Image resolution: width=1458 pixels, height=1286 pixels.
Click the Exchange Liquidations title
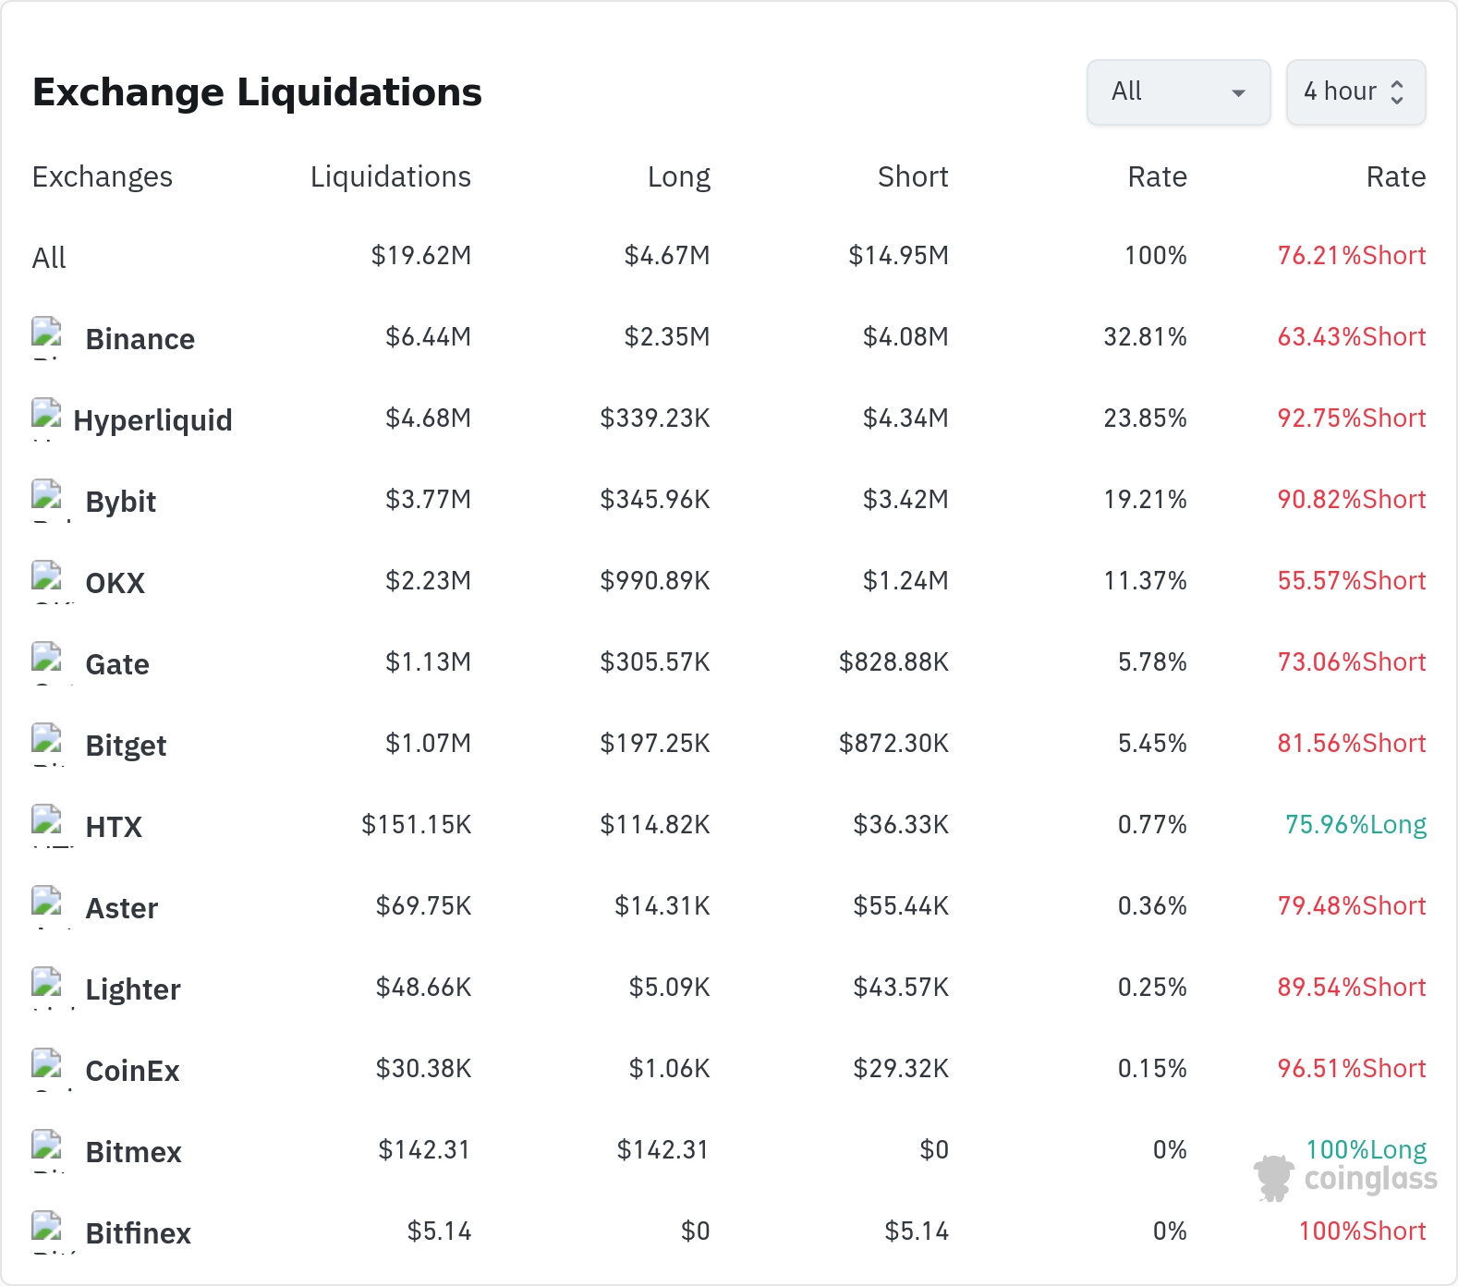click(x=257, y=92)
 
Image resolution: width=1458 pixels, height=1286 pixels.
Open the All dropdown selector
click(x=1178, y=92)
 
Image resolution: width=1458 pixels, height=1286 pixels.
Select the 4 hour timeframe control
click(x=1355, y=92)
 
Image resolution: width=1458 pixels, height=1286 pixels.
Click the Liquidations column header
click(x=391, y=176)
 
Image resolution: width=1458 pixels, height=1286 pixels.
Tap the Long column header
click(x=679, y=176)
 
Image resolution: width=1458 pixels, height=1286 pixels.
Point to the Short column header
click(x=913, y=176)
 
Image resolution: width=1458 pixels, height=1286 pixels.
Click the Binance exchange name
click(x=140, y=339)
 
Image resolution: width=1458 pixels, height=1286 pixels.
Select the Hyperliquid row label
click(x=153, y=420)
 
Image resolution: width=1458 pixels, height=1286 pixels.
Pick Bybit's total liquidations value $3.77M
click(x=429, y=500)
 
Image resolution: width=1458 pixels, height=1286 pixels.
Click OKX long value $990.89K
click(x=655, y=581)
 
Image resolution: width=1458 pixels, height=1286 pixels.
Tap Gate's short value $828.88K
click(x=893, y=662)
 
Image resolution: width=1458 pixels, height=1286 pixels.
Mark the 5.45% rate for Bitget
click(x=1152, y=744)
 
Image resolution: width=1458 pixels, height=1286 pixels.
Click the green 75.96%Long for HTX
click(x=1355, y=824)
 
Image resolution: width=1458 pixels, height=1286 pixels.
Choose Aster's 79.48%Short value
click(x=1352, y=905)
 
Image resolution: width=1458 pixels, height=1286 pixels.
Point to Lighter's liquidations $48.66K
click(x=424, y=988)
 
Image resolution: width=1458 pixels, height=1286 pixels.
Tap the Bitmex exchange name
click(x=134, y=1152)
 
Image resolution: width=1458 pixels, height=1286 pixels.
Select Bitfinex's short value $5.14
click(x=917, y=1231)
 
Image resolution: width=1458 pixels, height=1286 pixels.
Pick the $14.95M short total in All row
click(x=899, y=256)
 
